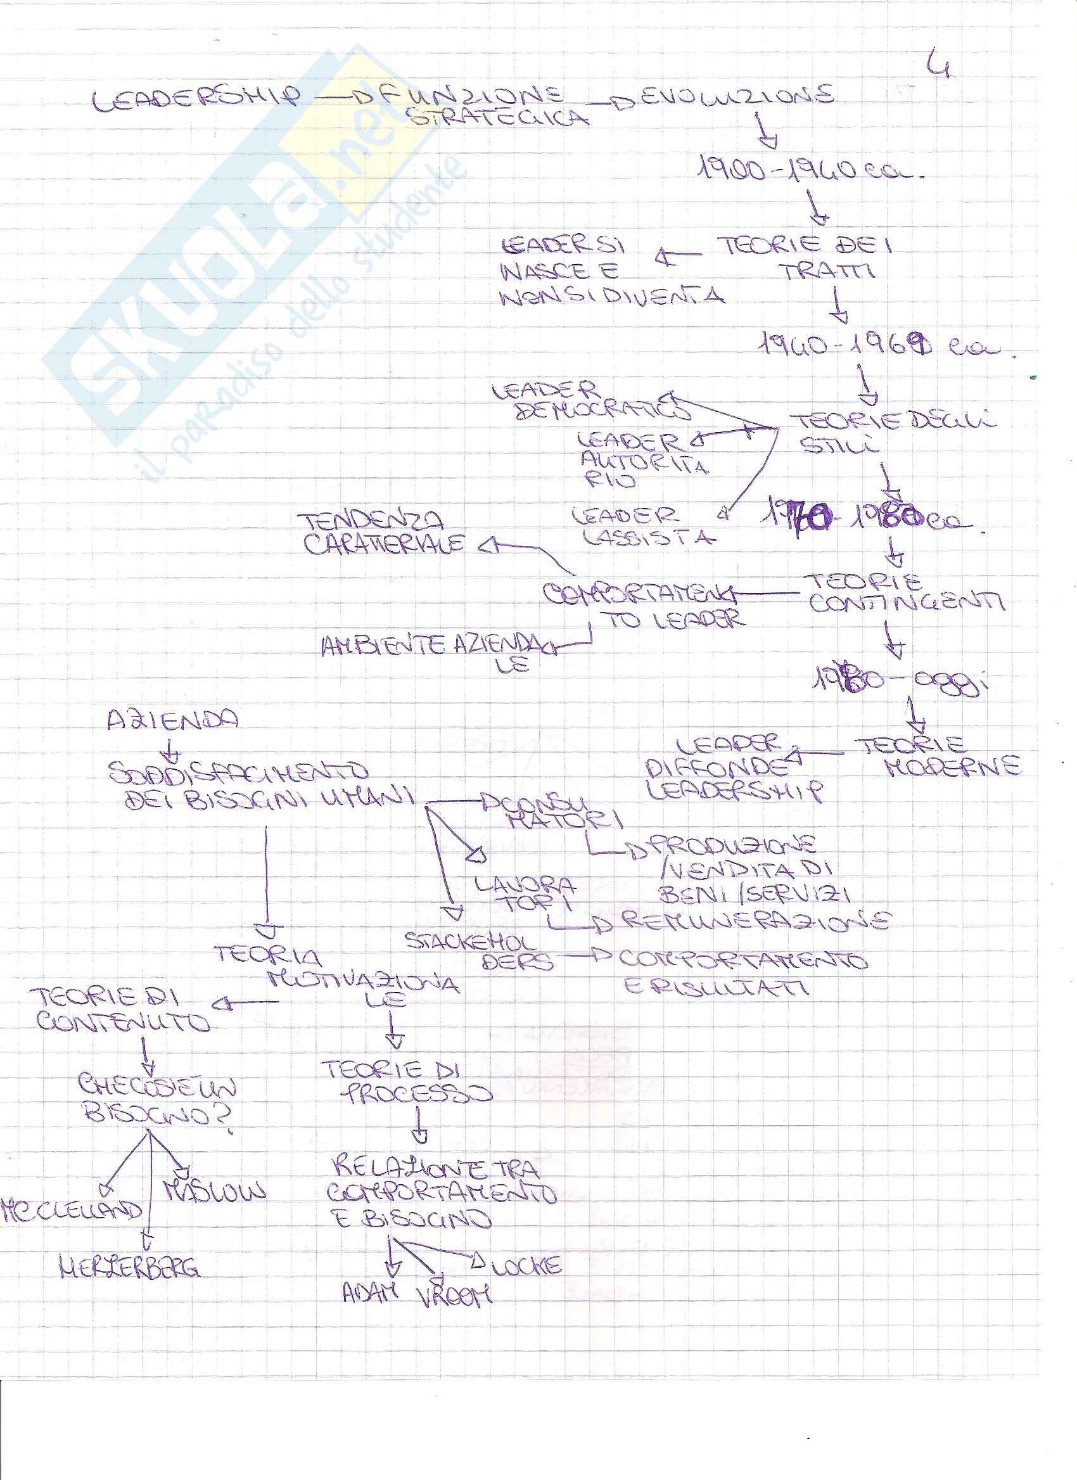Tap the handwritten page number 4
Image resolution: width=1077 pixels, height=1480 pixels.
(940, 63)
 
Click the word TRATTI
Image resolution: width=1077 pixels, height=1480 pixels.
(829, 271)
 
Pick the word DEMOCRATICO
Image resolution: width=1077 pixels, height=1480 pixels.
(603, 411)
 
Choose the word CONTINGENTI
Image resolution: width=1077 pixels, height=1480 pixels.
(907, 603)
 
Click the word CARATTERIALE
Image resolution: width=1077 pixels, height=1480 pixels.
(385, 544)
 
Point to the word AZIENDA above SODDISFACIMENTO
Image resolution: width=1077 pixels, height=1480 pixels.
(173, 720)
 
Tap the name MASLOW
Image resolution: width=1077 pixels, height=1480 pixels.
(215, 1190)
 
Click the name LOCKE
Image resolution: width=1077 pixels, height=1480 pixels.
(526, 1266)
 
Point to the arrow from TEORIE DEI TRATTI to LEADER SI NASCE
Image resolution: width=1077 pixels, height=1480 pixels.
(679, 257)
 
